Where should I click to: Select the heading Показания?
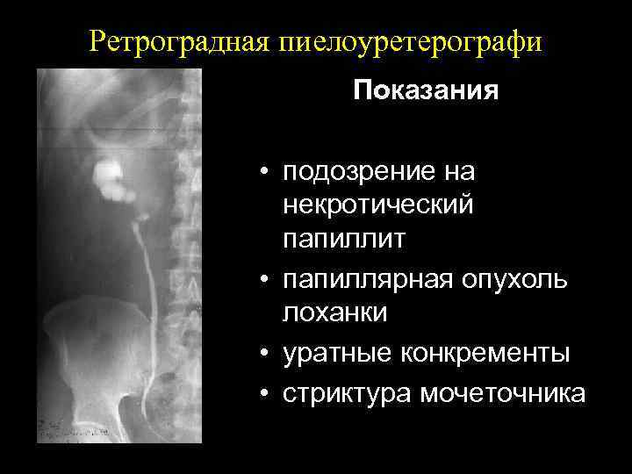426,91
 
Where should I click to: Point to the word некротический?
378,205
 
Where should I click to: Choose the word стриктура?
346,394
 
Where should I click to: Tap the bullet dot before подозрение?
262,173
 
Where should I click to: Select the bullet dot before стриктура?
262,394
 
